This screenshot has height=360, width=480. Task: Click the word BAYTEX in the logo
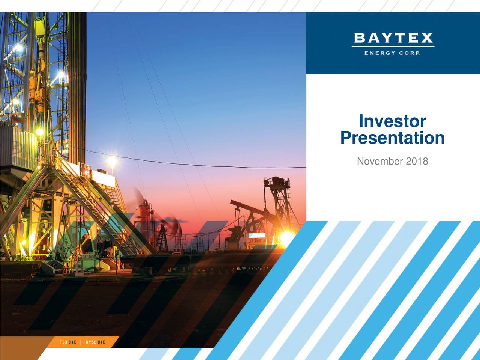click(393, 38)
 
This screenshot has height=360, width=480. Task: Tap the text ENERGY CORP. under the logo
click(393, 53)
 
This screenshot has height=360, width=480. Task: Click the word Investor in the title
click(392, 121)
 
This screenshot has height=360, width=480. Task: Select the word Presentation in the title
click(392, 138)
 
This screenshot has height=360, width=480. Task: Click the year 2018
click(417, 161)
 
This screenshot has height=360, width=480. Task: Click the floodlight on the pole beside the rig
click(112, 161)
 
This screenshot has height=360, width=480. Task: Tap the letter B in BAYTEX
click(359, 38)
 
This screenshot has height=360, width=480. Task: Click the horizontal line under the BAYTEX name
click(393, 46)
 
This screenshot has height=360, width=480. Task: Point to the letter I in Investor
click(361, 121)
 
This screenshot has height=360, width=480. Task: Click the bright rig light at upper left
click(18, 48)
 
